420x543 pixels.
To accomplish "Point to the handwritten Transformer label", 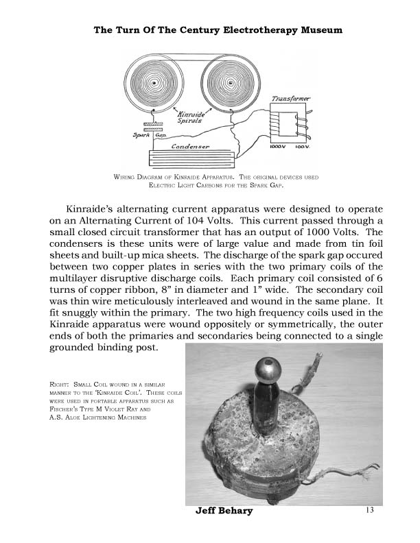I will coord(290,99).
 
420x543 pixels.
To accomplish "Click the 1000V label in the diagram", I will coord(278,146).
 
